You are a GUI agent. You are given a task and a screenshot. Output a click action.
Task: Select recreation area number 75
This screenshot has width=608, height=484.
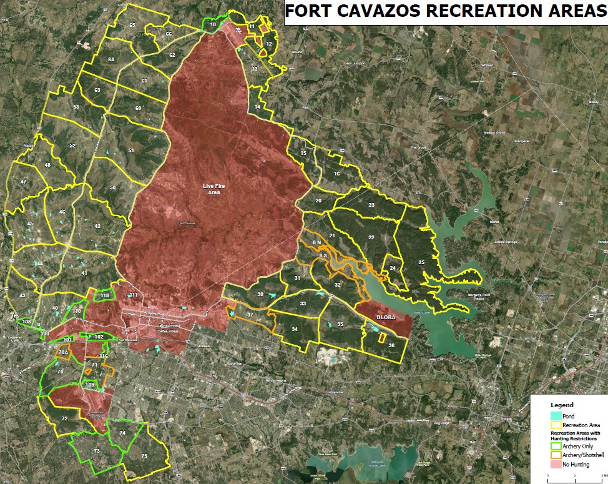(x=144, y=456)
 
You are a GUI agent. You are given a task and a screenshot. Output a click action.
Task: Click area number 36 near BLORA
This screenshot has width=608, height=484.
(x=391, y=345)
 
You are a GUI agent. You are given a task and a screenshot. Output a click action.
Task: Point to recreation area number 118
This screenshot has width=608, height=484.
(x=104, y=295)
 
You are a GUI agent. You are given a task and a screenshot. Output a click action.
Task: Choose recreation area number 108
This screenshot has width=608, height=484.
(x=26, y=322)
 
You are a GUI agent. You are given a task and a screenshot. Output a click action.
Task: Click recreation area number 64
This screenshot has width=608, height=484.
(x=111, y=59)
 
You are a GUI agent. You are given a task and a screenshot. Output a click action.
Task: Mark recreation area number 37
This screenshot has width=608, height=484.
(x=250, y=315)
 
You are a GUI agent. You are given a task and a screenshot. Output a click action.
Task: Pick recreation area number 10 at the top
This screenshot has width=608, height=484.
(x=213, y=24)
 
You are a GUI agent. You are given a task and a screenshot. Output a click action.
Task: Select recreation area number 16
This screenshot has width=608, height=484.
(x=336, y=174)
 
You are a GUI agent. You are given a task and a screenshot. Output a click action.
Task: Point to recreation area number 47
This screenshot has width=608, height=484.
(x=23, y=182)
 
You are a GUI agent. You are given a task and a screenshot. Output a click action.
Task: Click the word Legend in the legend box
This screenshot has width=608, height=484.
(x=562, y=405)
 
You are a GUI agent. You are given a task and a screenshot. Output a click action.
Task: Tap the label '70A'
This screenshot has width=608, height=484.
(x=62, y=353)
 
